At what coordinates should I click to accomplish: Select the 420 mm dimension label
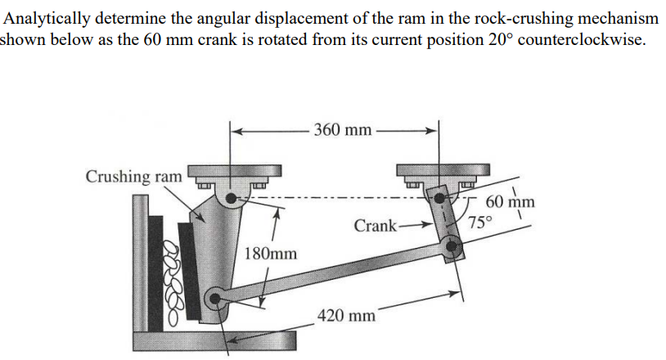click(x=346, y=314)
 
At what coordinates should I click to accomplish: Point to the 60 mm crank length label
click(x=510, y=203)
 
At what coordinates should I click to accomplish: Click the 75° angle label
click(x=481, y=221)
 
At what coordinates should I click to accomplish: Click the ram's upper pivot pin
click(x=233, y=197)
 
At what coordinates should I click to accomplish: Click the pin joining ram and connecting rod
click(x=214, y=299)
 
